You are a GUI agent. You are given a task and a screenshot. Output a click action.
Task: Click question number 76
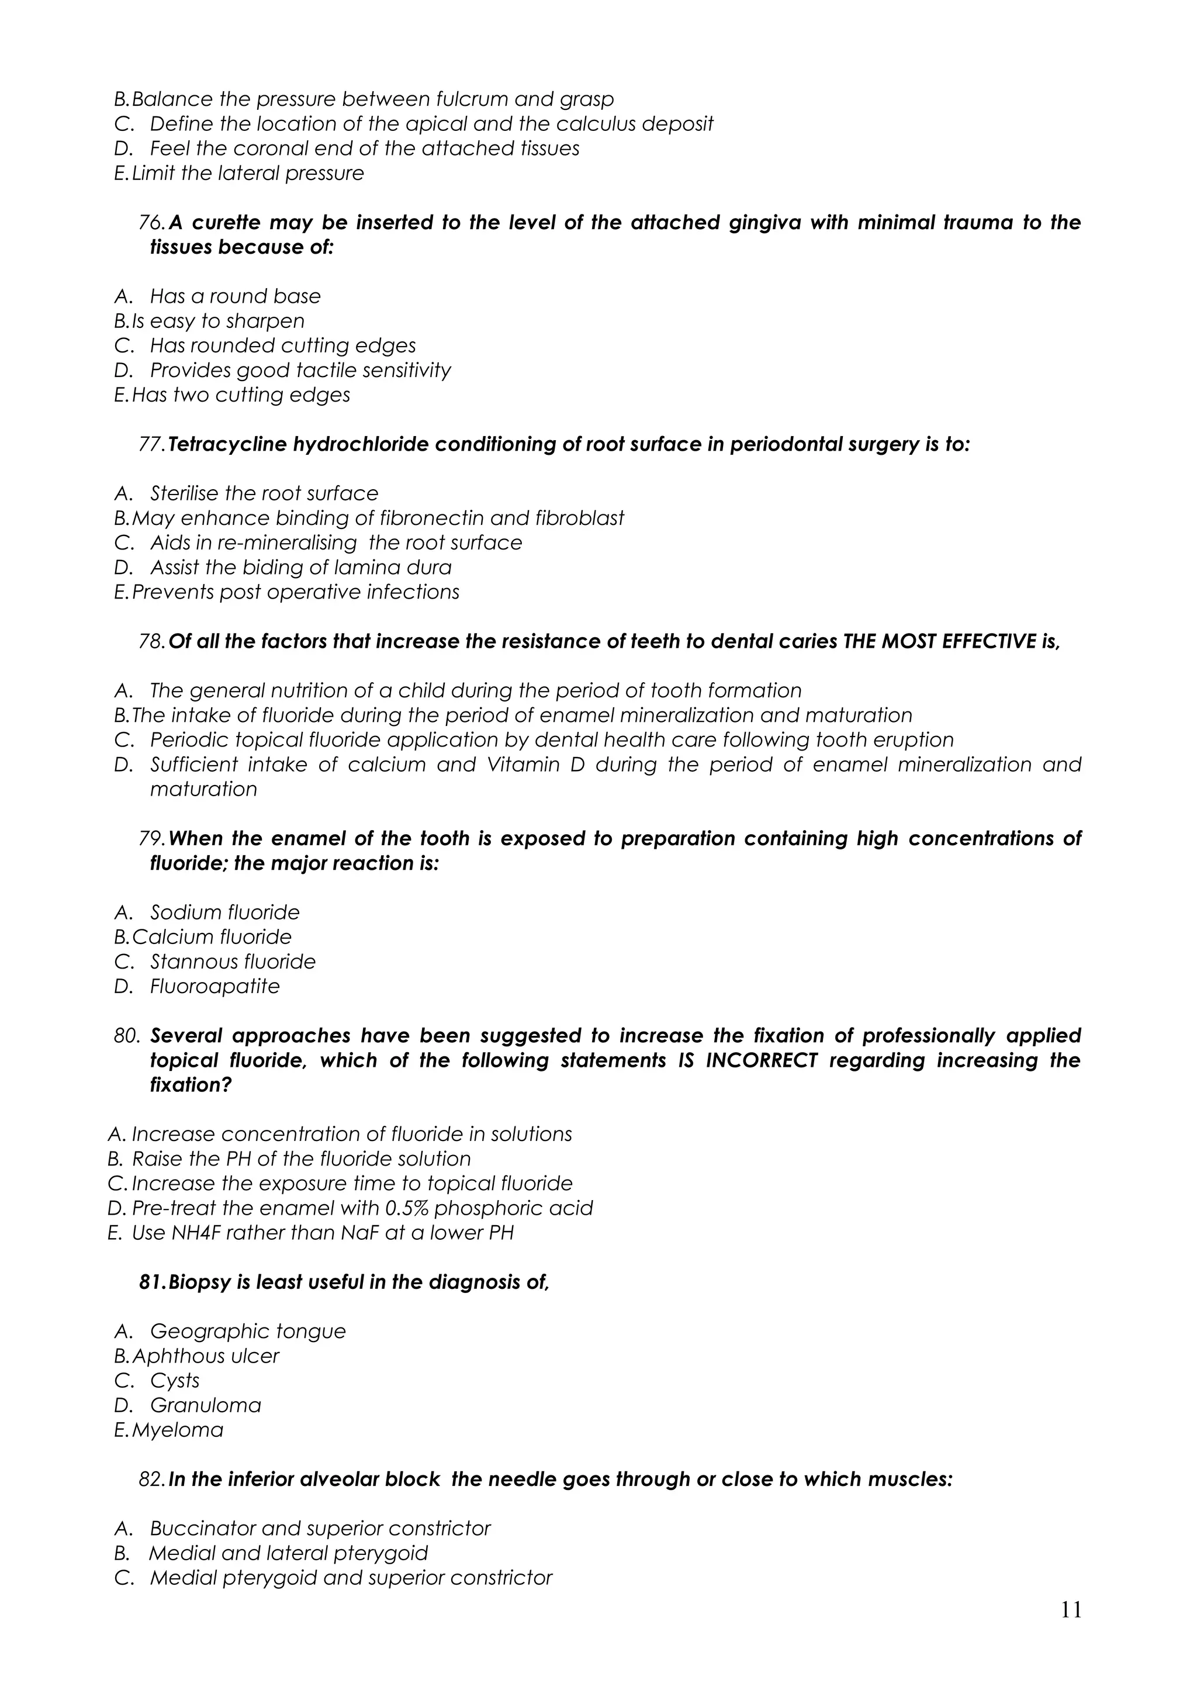[x=152, y=223]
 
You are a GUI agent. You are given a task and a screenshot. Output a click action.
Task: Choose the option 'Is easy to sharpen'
[x=217, y=321]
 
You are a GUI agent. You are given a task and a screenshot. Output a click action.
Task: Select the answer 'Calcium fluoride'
[x=212, y=937]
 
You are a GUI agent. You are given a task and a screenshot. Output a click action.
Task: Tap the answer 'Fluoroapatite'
[x=215, y=987]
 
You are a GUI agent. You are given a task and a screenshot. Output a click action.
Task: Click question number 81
[x=152, y=1282]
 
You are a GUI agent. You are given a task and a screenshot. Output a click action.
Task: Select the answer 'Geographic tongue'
[x=248, y=1332]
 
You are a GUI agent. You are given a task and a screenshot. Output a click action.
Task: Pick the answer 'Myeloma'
[x=177, y=1430]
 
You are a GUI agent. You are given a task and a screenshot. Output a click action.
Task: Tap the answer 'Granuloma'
[x=206, y=1405]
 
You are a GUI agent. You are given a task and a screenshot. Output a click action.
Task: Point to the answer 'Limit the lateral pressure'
[x=248, y=174]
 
